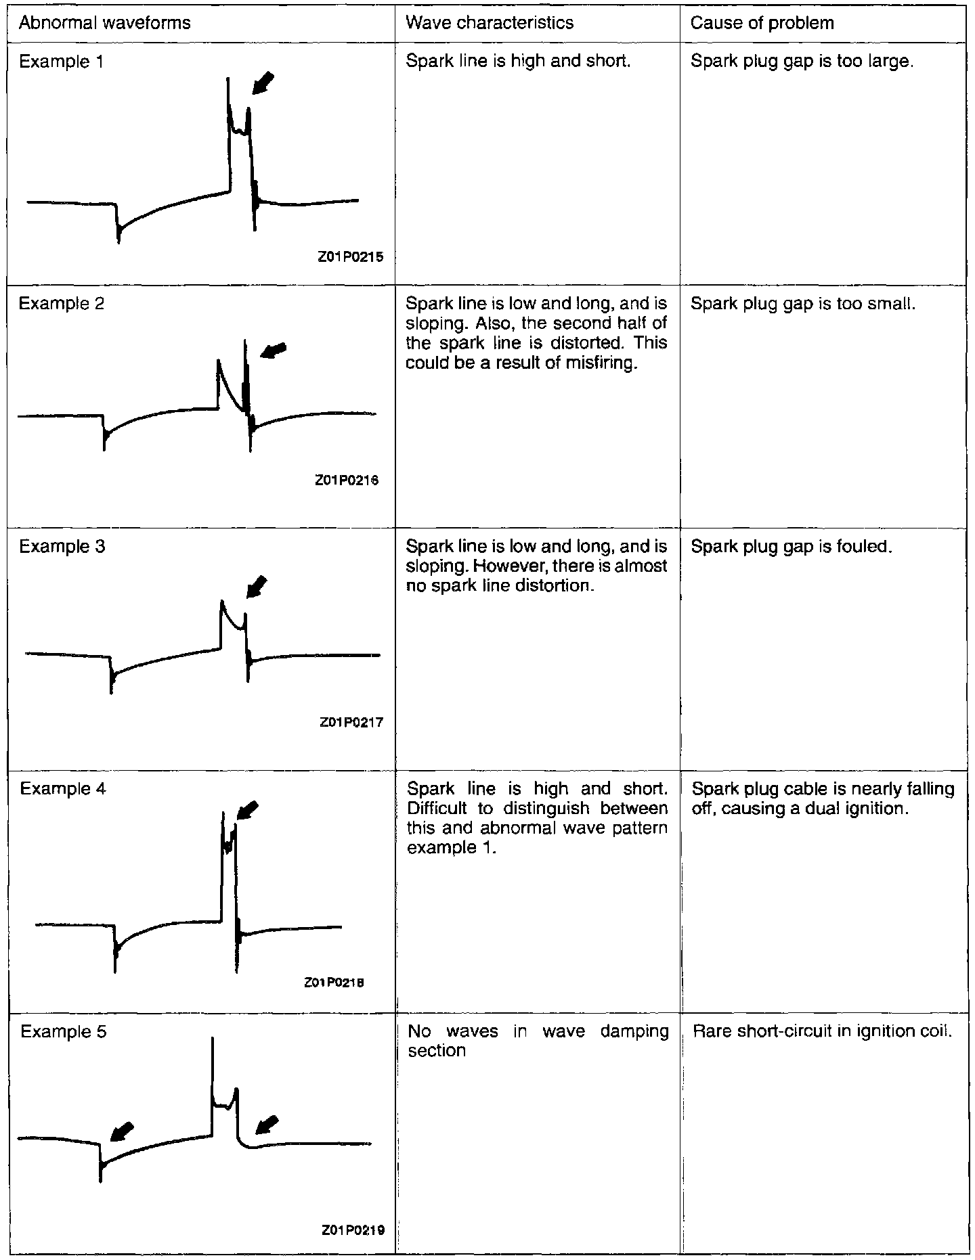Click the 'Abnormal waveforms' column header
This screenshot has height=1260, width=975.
105,23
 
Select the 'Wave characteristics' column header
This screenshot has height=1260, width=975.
489,23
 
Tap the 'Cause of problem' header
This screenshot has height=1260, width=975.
762,23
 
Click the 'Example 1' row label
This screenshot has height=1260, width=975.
62,62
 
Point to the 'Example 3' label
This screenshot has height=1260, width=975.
62,546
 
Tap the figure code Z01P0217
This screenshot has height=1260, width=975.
351,722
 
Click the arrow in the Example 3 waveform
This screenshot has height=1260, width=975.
257,586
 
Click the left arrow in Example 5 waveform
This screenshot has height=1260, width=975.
121,1129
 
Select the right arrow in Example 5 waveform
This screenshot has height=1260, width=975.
267,1124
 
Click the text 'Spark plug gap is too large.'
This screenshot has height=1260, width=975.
802,62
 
